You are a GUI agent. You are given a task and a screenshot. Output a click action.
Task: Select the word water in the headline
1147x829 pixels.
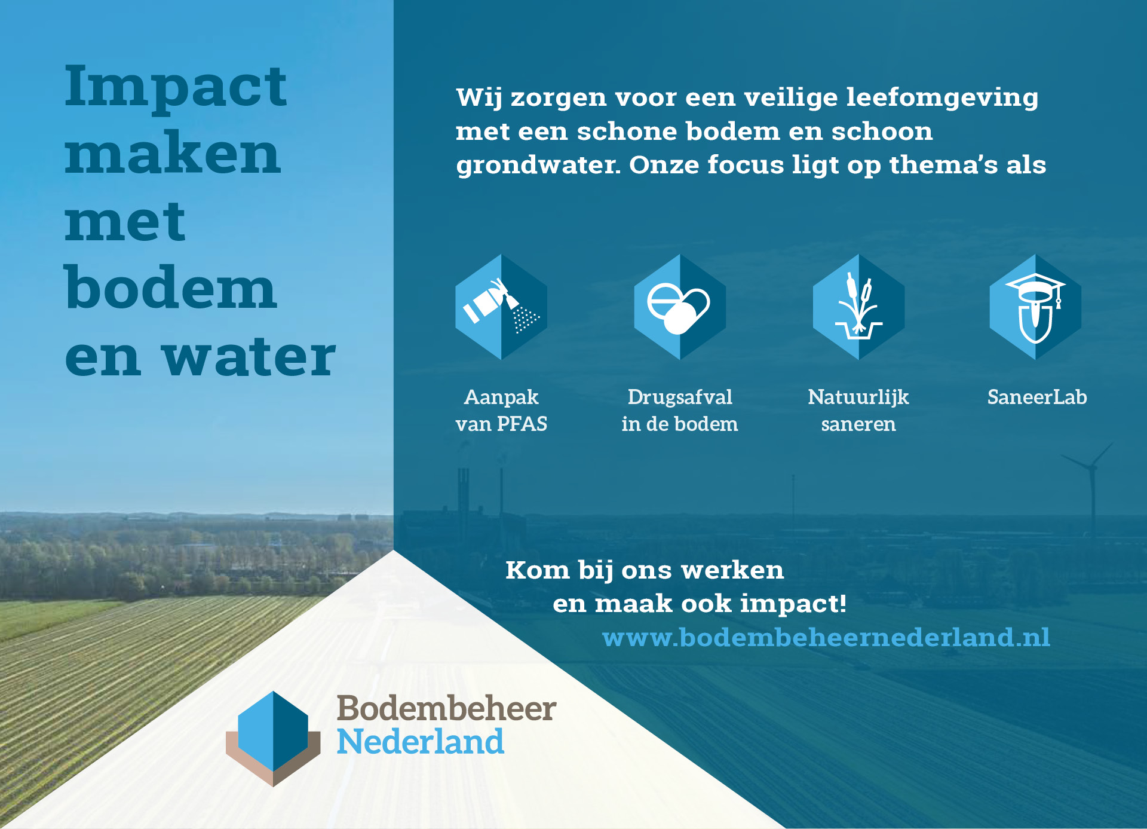pos(249,357)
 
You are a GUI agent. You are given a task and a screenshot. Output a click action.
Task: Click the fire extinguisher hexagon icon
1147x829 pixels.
pos(501,307)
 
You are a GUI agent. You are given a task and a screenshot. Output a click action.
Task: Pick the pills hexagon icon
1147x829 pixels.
pos(680,307)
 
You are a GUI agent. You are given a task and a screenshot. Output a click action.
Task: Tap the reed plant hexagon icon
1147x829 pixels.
pos(858,307)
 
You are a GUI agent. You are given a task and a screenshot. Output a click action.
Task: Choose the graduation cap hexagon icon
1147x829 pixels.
pos(1036,307)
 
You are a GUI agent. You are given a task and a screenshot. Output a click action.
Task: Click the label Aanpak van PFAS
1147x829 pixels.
pos(501,411)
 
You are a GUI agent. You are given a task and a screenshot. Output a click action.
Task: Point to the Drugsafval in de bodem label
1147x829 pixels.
pos(680,411)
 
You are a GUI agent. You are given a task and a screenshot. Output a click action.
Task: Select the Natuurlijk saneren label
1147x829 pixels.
pos(858,411)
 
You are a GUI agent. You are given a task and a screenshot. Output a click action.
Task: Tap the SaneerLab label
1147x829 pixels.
pos(1037,397)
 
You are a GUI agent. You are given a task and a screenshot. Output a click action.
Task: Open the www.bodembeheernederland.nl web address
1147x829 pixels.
pos(826,638)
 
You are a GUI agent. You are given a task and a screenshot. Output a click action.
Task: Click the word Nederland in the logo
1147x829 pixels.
pos(421,741)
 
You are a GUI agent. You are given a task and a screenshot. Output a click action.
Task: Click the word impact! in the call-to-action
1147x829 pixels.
pos(793,604)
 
